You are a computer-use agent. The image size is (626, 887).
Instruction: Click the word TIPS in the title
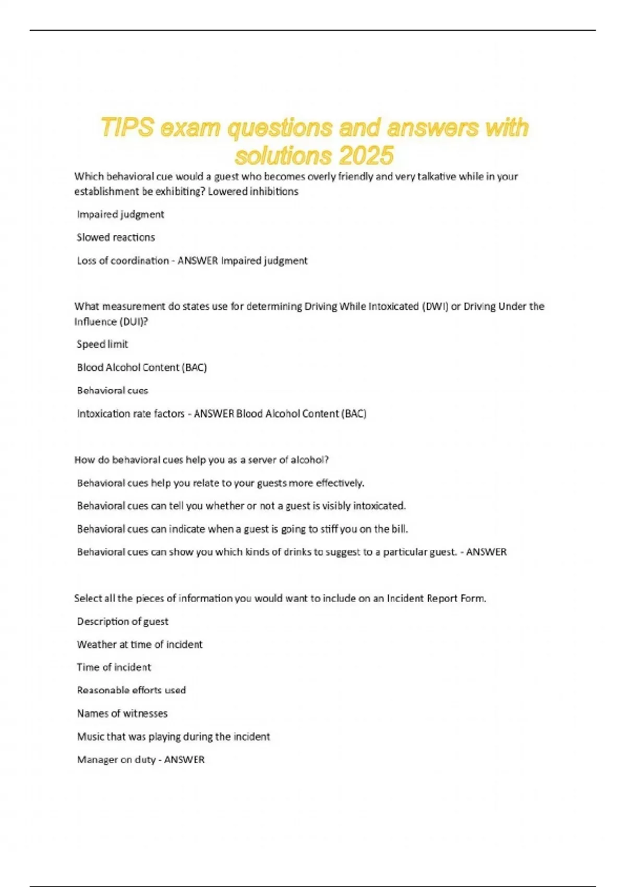127,128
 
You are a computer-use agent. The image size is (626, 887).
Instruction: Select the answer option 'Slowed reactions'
116,237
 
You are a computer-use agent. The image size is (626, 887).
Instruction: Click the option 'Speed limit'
102,344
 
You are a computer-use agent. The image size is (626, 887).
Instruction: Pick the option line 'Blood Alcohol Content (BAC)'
142,367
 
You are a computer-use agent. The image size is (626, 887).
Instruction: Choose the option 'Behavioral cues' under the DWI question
113,390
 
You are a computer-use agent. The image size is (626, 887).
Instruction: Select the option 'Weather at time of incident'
140,644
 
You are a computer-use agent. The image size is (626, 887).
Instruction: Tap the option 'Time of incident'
114,667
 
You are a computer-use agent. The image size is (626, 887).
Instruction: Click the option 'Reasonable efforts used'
131,690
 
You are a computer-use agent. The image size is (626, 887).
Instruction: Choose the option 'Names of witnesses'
123,713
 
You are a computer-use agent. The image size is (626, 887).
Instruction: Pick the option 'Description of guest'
123,621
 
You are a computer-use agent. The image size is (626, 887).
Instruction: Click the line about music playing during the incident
174,737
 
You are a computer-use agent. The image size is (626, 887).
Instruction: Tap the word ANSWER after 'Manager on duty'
184,760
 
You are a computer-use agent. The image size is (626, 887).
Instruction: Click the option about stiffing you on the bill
243,529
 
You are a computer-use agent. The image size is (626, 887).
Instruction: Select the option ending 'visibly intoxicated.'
242,506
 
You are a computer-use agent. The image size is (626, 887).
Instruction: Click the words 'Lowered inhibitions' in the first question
253,191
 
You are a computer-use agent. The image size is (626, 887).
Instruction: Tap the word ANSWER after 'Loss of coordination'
198,260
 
